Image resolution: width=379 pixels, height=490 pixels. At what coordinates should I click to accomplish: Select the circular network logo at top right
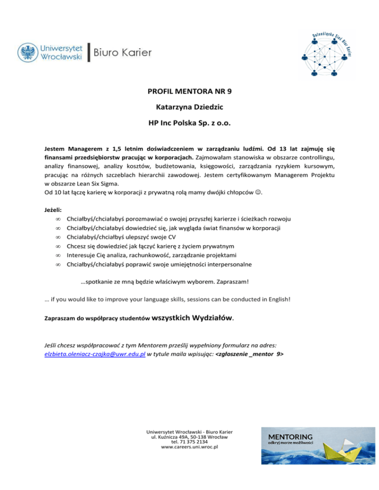pos(323,53)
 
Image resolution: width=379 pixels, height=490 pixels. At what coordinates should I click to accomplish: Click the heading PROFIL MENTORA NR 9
pos(189,91)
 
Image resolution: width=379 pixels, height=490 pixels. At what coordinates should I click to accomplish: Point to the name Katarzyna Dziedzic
pos(189,106)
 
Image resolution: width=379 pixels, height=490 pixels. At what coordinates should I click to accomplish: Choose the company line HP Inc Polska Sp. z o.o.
pos(189,122)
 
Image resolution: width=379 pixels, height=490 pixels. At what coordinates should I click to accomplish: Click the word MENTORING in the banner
pos(290,437)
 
